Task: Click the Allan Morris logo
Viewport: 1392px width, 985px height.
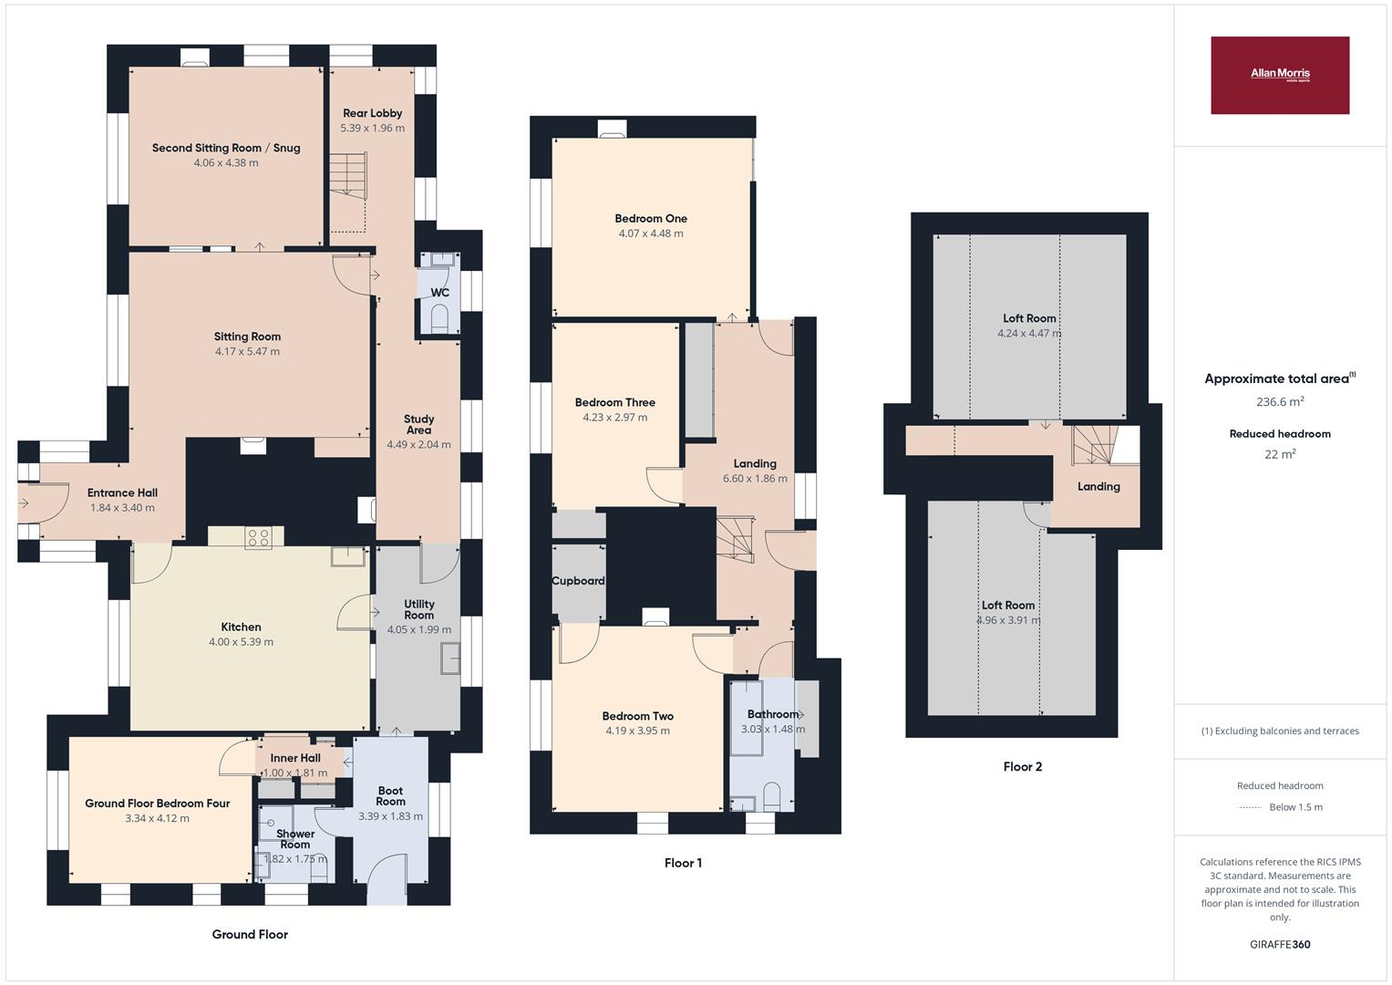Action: (1279, 75)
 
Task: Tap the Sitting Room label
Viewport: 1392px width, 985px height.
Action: (247, 337)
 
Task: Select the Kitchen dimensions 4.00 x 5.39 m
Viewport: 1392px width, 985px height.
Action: (241, 642)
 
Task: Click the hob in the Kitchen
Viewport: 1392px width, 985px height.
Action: (258, 538)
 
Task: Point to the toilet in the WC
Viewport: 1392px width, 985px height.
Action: (440, 318)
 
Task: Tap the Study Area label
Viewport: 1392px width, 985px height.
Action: (418, 424)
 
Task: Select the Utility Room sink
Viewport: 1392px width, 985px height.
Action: (449, 658)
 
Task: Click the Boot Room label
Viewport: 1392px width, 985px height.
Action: (390, 796)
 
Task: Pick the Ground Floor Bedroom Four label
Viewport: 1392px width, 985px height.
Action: (157, 804)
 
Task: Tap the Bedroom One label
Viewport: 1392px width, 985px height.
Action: (651, 219)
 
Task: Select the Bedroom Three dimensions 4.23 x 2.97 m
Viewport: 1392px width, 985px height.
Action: (614, 418)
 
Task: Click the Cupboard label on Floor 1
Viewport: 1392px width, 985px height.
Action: (578, 581)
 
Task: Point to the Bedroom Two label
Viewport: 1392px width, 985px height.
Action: (637, 716)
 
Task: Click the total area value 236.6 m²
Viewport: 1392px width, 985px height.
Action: (1279, 401)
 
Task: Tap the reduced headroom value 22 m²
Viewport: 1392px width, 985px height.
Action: (1279, 454)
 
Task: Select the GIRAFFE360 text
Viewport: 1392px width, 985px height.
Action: (1279, 944)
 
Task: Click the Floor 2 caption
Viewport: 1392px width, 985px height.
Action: (1022, 767)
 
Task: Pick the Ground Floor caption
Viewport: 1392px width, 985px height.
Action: (250, 934)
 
